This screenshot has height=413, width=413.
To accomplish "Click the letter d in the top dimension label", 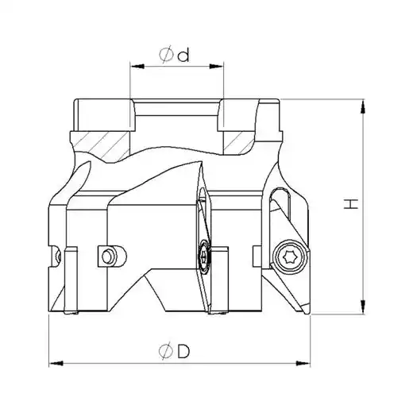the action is tap(183, 55).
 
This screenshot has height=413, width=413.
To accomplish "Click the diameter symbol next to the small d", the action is tap(166, 55).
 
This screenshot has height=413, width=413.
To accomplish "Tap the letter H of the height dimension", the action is tap(351, 204).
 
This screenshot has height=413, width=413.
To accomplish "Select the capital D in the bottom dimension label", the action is tap(183, 351).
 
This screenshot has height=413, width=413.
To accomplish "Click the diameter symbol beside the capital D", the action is tap(166, 351).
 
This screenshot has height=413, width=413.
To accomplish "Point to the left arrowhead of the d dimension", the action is tap(137, 66).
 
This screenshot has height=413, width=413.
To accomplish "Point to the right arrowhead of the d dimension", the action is tap(217, 66).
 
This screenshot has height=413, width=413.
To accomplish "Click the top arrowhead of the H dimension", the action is tap(363, 106).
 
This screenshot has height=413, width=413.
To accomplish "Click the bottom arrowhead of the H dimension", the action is tap(363, 307).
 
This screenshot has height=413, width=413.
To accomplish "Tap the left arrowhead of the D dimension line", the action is tap(56, 364).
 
